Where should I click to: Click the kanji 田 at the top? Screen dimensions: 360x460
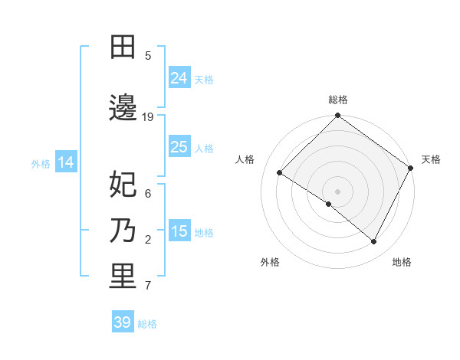pyautogui.click(x=123, y=47)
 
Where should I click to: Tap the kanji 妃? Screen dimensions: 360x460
pyautogui.click(x=123, y=184)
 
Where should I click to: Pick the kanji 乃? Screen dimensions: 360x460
pyautogui.click(x=123, y=230)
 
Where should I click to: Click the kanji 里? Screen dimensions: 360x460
pyautogui.click(x=123, y=277)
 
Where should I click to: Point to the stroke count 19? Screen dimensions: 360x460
pyautogui.click(x=148, y=117)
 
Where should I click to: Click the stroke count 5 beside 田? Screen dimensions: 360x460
pyautogui.click(x=148, y=56)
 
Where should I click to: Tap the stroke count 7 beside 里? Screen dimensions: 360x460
pyautogui.click(x=148, y=286)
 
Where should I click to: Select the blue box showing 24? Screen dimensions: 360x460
pyautogui.click(x=179, y=78)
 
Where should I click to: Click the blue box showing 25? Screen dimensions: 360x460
pyautogui.click(x=179, y=147)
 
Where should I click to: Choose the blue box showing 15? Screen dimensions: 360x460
pyautogui.click(x=179, y=231)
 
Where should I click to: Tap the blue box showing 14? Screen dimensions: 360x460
pyautogui.click(x=66, y=162)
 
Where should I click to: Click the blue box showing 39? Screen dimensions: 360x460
pyautogui.click(x=122, y=322)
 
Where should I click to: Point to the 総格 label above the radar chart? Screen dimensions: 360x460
pyautogui.click(x=338, y=100)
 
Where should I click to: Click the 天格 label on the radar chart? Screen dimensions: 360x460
pyautogui.click(x=431, y=159)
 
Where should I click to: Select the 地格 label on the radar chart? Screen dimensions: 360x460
pyautogui.click(x=402, y=262)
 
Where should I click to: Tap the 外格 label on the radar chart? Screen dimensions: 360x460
pyautogui.click(x=270, y=262)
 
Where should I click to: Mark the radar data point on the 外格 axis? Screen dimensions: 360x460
pyautogui.click(x=329, y=204)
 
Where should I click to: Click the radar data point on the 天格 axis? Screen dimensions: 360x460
pyautogui.click(x=411, y=169)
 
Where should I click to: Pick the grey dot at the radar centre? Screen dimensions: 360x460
pyautogui.click(x=337, y=191)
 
